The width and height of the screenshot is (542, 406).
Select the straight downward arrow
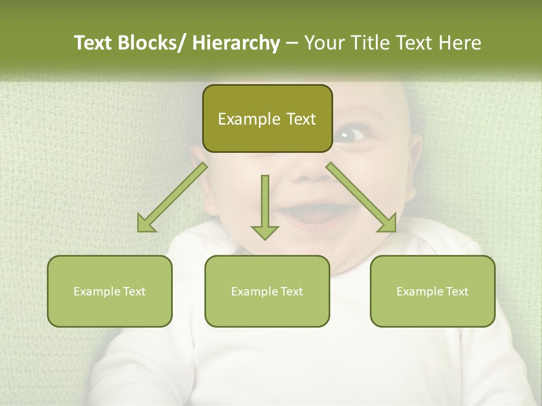coord(265,206)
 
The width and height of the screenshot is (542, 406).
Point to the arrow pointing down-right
coord(361,197)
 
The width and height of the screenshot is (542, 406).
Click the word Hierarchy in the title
coord(235,43)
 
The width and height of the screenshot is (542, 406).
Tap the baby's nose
coord(309,169)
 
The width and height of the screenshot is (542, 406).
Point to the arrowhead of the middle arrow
coord(265,232)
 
